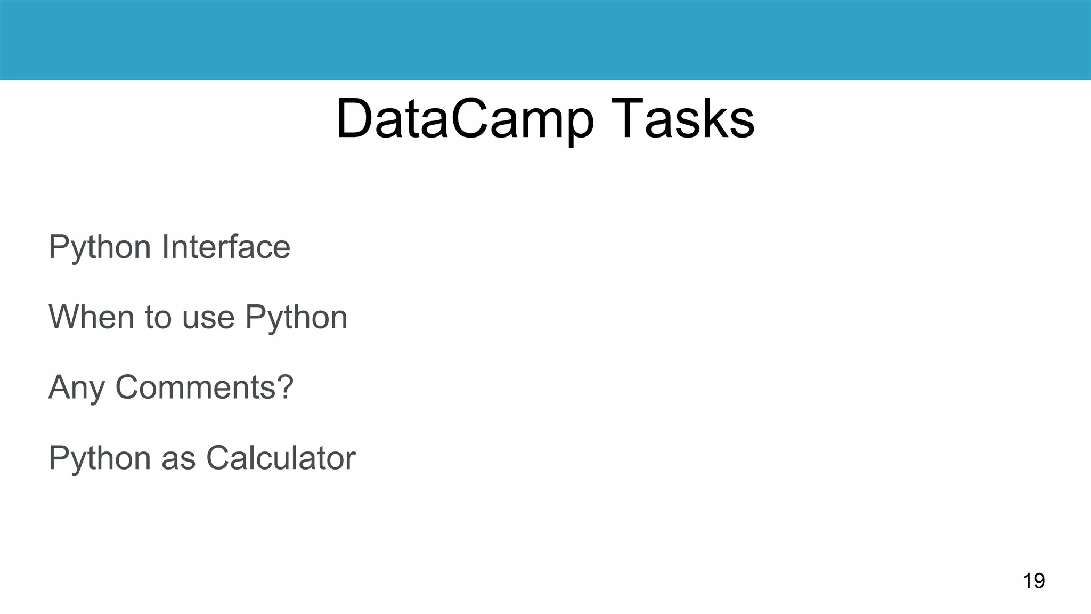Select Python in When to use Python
click(x=296, y=318)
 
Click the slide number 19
click(x=1033, y=580)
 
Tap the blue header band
click(x=545, y=40)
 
